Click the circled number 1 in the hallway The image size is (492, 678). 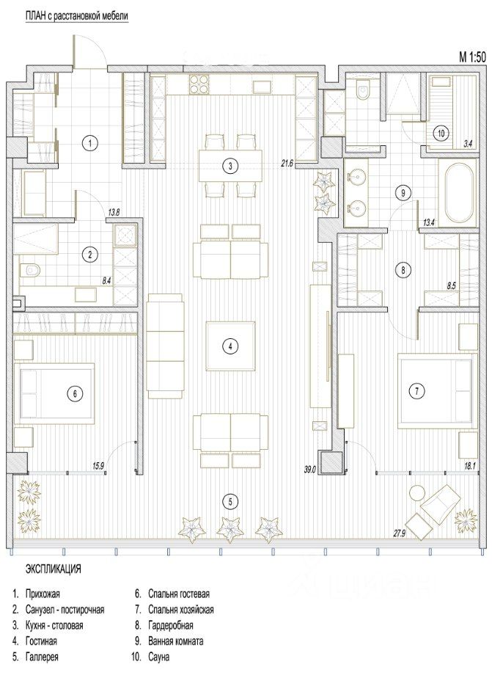click(89, 143)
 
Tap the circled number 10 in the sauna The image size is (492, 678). click(441, 134)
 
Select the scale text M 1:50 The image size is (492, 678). click(471, 56)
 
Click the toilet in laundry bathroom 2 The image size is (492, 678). click(30, 271)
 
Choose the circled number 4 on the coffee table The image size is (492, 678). click(230, 346)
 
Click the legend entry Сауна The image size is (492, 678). click(158, 657)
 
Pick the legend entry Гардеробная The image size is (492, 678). click(170, 625)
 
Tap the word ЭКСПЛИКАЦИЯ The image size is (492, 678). click(54, 569)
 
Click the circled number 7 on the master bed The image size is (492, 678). click(416, 391)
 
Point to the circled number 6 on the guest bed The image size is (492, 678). click(75, 393)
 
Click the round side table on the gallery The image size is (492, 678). click(417, 493)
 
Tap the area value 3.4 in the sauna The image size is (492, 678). click(467, 145)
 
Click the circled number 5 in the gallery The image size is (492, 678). click(230, 502)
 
